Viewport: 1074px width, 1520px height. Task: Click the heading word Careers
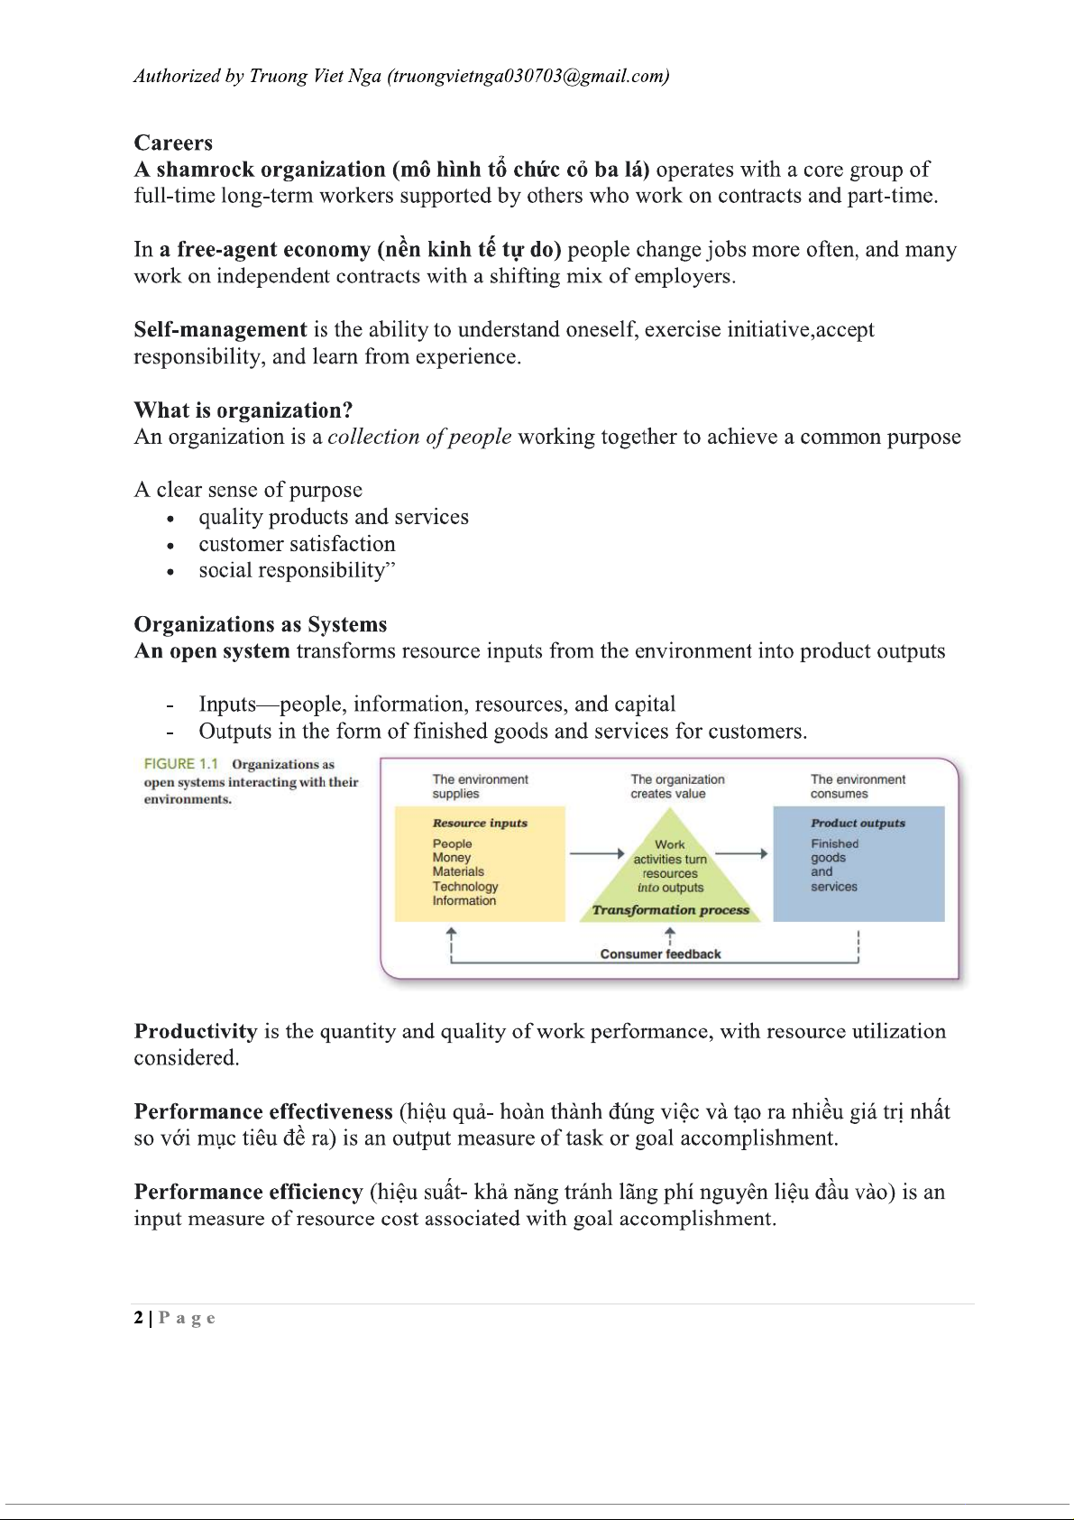tap(173, 143)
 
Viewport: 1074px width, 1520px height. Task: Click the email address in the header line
tap(528, 76)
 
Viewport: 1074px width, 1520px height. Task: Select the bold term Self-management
tap(220, 329)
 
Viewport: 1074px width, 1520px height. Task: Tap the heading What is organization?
tap(243, 410)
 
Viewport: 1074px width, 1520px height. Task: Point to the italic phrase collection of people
tap(419, 437)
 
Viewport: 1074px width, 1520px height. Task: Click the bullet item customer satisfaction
tap(297, 544)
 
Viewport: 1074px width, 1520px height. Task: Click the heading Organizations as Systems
tap(261, 624)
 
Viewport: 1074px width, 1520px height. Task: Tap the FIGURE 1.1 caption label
tap(180, 764)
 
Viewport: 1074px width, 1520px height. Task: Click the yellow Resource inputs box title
tap(480, 823)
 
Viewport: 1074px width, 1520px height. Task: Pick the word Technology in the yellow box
tap(465, 886)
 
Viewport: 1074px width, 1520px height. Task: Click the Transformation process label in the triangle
tap(670, 909)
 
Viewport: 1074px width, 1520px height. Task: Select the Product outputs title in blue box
tap(858, 823)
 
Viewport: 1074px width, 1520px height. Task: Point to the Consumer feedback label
tap(661, 953)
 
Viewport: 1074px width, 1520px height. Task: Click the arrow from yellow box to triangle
tap(597, 853)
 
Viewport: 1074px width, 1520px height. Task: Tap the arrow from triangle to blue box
tap(741, 853)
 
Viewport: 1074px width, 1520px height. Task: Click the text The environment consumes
tap(858, 787)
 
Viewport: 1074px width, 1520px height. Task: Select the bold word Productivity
tap(196, 1031)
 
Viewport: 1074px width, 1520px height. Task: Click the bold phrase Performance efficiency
tap(248, 1192)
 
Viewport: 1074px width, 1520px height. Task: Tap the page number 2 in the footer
tap(138, 1318)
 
